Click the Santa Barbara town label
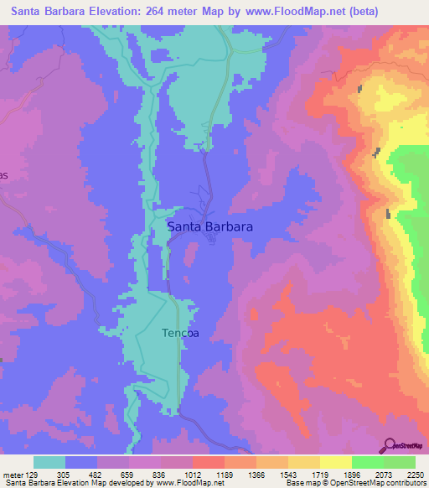point(210,227)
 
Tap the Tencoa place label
point(180,333)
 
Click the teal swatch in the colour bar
point(49,462)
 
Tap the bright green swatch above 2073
point(367,462)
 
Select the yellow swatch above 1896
point(335,462)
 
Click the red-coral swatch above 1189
point(209,462)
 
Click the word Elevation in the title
point(111,12)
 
